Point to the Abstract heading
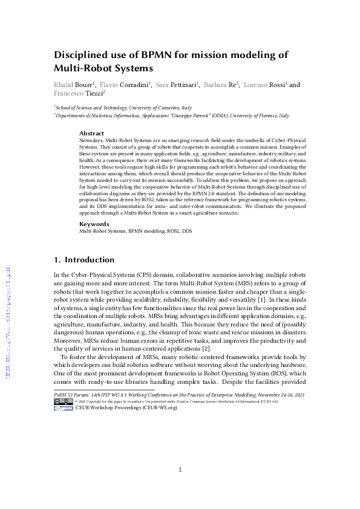(x=92, y=133)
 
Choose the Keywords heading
(x=94, y=224)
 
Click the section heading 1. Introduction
(x=84, y=260)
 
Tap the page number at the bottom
(x=180, y=470)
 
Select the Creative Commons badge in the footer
(x=64, y=408)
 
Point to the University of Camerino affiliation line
(x=114, y=107)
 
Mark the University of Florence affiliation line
(x=172, y=115)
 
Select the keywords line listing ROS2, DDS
(x=134, y=231)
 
